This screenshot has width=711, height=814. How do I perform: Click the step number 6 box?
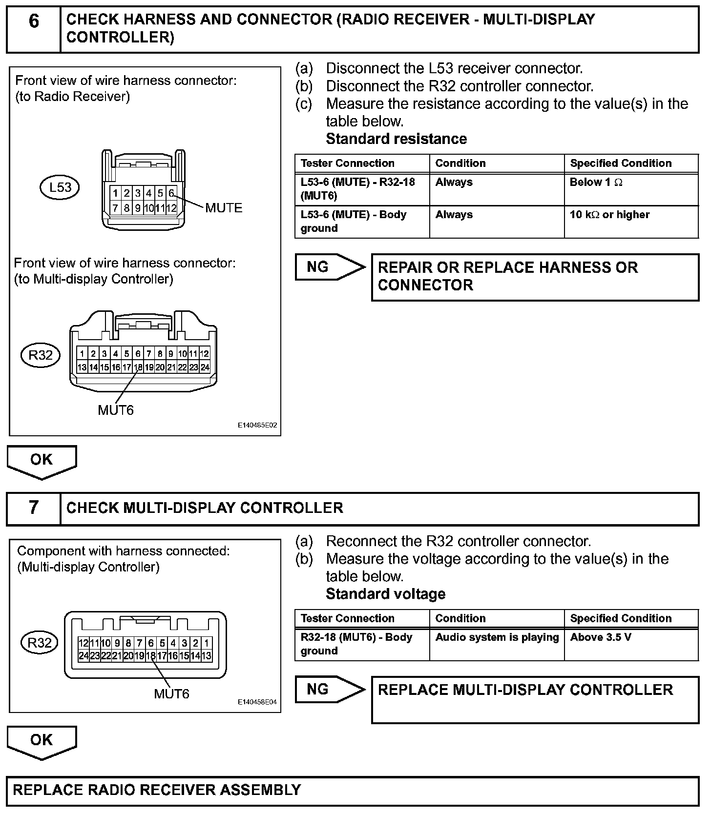pos(33,29)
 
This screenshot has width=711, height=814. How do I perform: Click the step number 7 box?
pos(33,508)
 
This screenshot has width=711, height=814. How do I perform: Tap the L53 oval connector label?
pos(59,187)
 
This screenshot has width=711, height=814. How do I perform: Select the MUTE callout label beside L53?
pos(224,208)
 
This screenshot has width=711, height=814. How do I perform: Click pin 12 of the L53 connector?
pos(171,208)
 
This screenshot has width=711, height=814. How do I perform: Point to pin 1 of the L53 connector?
pos(115,193)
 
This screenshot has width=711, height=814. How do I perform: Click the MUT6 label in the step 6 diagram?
pos(116,410)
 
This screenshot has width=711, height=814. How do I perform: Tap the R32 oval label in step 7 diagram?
pos(40,643)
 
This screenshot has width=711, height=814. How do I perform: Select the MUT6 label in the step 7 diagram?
pos(171,693)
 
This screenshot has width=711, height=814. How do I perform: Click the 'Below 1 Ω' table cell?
pos(631,189)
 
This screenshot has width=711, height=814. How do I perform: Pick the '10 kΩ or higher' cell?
pos(631,222)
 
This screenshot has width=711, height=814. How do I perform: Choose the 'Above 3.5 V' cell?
pos(631,644)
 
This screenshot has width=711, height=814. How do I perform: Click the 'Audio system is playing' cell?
pos(497,644)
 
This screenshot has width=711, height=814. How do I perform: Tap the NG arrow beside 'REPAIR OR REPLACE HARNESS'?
pos(330,267)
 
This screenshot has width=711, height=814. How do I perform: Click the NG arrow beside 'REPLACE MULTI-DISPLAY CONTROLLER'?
pos(330,689)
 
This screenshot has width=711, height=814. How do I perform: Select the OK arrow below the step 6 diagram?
pos(42,461)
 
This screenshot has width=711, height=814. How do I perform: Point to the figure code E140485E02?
pos(257,426)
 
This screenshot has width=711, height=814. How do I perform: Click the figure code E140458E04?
pos(257,702)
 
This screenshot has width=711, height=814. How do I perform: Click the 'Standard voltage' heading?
pos(385,594)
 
